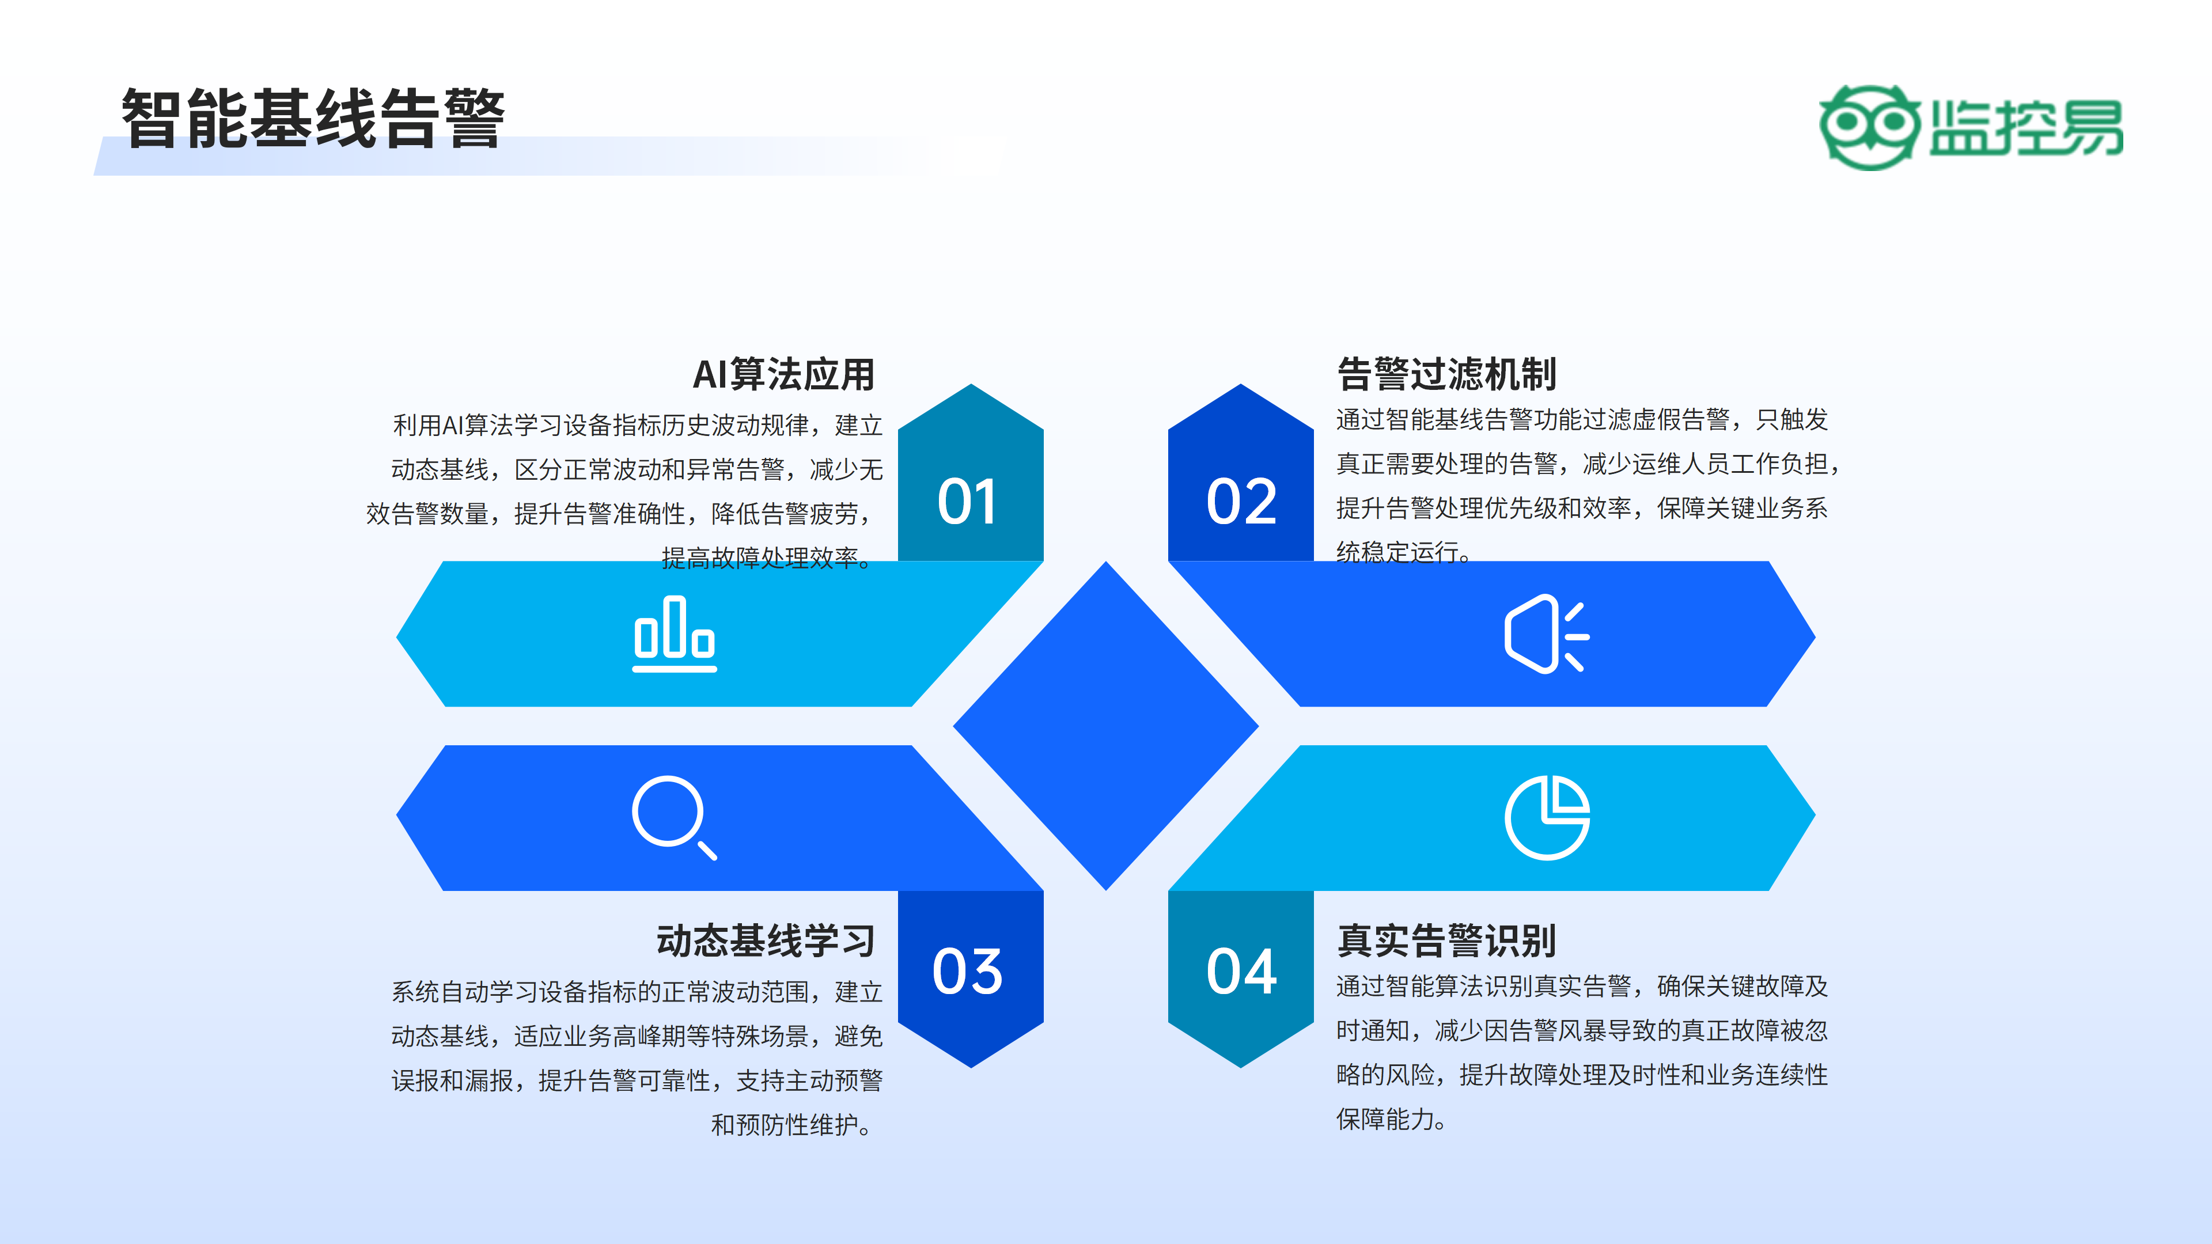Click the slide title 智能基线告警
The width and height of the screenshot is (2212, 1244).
pos(313,119)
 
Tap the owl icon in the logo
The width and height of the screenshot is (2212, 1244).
pos(1869,127)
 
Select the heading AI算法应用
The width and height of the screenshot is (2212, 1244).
pos(783,374)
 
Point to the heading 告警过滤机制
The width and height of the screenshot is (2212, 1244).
pos(1447,374)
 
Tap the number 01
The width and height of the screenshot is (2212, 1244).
pos(968,502)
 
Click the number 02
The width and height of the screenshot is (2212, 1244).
pos(1242,502)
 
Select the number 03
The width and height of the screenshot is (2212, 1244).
pos(968,972)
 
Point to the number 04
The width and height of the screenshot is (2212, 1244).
pos(1242,972)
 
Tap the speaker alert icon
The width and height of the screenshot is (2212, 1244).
pos(1546,635)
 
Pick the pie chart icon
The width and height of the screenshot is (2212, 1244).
pos(1547,817)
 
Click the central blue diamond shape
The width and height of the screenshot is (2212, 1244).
pos(1106,726)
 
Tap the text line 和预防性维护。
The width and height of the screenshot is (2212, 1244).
pos(791,1125)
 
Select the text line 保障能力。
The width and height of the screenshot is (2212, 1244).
pos(1391,1118)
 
